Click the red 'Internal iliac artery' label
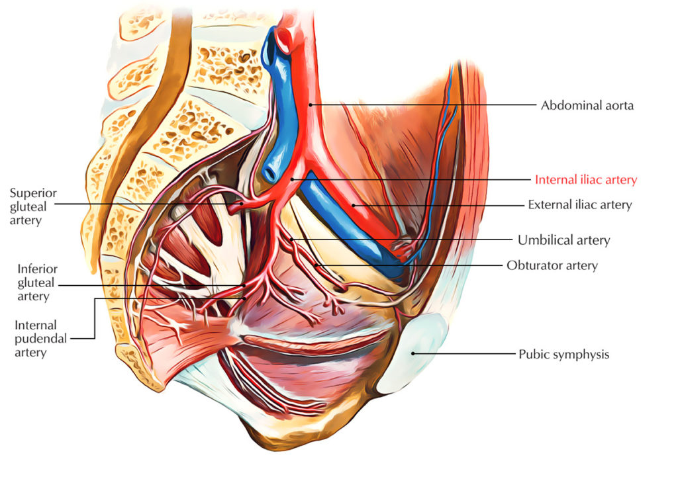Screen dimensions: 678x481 click(586, 180)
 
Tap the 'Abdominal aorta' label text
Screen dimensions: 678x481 click(587, 105)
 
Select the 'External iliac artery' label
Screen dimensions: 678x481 click(580, 205)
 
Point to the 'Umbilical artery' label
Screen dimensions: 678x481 click(564, 240)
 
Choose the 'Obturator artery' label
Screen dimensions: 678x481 click(552, 265)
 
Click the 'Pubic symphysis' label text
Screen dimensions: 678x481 click(564, 355)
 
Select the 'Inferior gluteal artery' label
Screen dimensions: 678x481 click(37, 283)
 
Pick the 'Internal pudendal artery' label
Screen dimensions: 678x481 click(40, 339)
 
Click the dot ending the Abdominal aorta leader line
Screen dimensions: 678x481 click(310, 105)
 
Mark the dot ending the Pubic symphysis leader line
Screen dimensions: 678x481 click(413, 353)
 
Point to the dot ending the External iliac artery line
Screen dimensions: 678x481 click(354, 205)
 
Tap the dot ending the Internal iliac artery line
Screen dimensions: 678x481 click(292, 179)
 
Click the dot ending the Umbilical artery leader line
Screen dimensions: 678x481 click(291, 240)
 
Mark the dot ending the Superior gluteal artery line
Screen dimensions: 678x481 click(242, 203)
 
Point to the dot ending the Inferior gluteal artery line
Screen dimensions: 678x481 click(244, 285)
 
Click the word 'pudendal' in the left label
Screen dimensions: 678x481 click(40, 339)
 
